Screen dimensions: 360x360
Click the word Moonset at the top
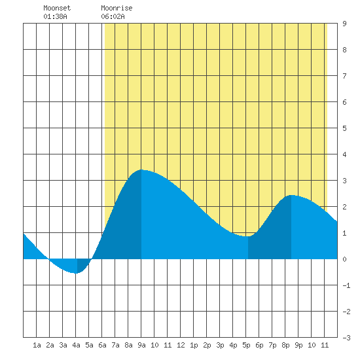[57, 8]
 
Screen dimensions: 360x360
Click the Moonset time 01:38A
[55, 16]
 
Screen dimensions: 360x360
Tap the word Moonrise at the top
[117, 8]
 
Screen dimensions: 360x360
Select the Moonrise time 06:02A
[113, 16]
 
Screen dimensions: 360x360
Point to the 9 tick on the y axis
[344, 24]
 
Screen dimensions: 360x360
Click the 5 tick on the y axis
[344, 128]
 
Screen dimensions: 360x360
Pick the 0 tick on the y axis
[344, 259]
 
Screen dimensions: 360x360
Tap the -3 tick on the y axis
[346, 338]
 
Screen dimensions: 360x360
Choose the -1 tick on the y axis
[346, 285]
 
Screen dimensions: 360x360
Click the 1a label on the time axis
[37, 345]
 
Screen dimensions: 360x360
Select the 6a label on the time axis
[102, 345]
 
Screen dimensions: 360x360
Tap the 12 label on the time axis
[181, 345]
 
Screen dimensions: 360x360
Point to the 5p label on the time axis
[246, 345]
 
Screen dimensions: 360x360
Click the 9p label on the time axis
[298, 345]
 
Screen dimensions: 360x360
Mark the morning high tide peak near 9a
[141, 170]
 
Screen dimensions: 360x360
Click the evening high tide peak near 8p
[291, 196]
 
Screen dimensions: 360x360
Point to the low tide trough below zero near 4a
[76, 273]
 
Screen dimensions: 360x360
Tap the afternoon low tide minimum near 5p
[247, 236]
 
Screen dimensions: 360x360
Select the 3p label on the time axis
[220, 345]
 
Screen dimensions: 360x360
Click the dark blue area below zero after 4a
[82, 264]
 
